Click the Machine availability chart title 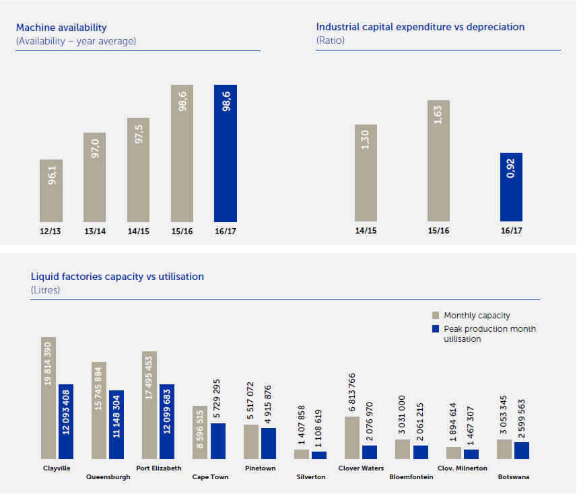click(x=61, y=28)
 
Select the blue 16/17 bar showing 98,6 click(x=226, y=153)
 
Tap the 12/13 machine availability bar click(x=51, y=190)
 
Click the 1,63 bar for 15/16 click(x=438, y=161)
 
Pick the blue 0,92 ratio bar click(x=511, y=187)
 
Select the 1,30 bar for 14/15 click(x=366, y=173)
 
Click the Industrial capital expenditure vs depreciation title click(x=420, y=27)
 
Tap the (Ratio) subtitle click(x=331, y=40)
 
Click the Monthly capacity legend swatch click(x=436, y=315)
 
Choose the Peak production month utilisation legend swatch click(x=436, y=329)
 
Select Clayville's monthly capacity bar click(x=48, y=397)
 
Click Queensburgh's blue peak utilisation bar click(x=116, y=424)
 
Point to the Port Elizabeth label click(x=158, y=468)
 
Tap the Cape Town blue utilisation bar click(x=218, y=441)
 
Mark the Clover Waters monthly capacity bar click(x=352, y=437)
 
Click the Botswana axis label click(x=513, y=477)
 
